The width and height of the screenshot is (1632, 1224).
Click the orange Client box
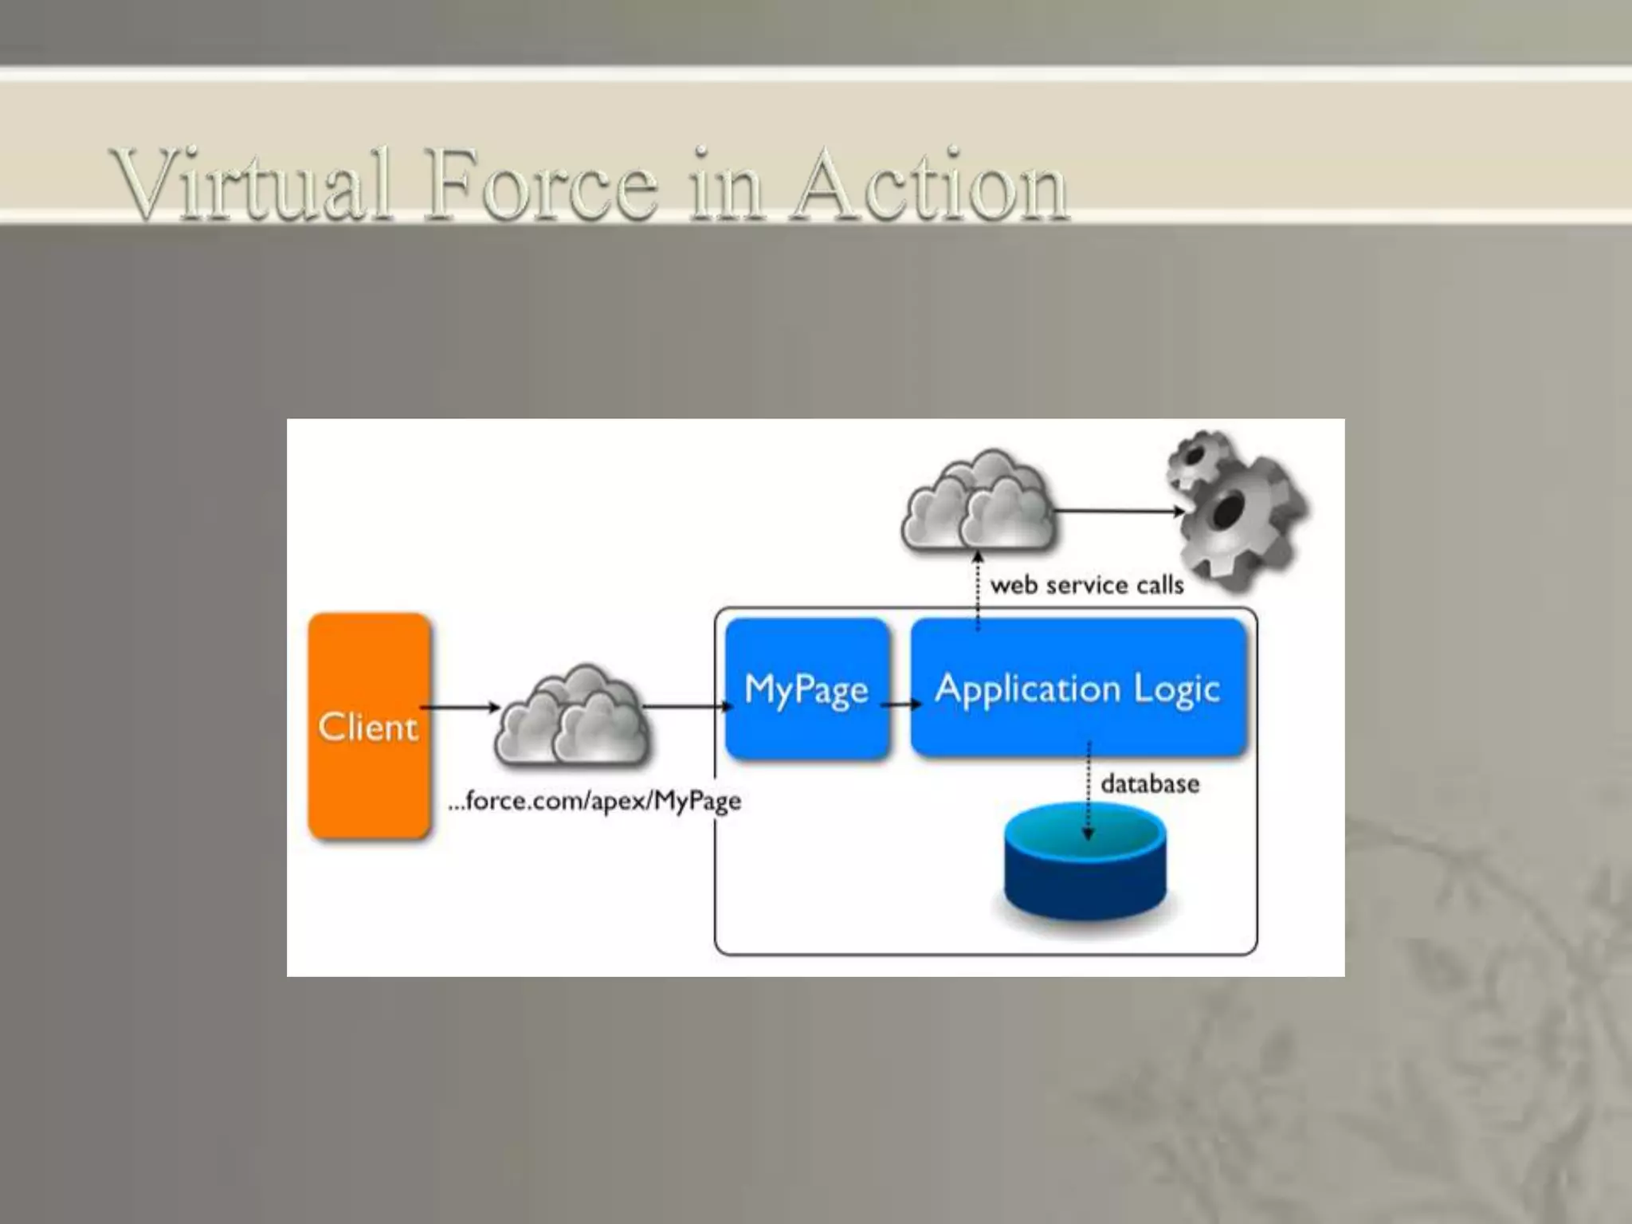click(x=369, y=725)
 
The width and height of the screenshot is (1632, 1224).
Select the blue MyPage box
click(x=806, y=688)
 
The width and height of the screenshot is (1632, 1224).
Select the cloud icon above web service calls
click(x=979, y=502)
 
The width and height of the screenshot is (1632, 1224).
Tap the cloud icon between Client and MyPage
click(x=572, y=717)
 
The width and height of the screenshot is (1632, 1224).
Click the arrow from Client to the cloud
click(x=460, y=707)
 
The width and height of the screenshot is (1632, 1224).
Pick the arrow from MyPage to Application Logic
click(x=900, y=704)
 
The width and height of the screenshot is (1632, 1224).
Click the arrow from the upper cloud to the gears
click(x=1119, y=512)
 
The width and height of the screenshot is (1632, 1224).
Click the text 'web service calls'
click(x=1087, y=585)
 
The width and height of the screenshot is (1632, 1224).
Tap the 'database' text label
click(x=1150, y=784)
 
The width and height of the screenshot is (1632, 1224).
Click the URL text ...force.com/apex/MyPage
click(x=595, y=800)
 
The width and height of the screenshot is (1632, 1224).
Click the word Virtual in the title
click(x=252, y=185)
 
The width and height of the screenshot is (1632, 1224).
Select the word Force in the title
click(x=542, y=185)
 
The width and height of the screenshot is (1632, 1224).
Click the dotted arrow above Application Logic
click(x=978, y=590)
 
